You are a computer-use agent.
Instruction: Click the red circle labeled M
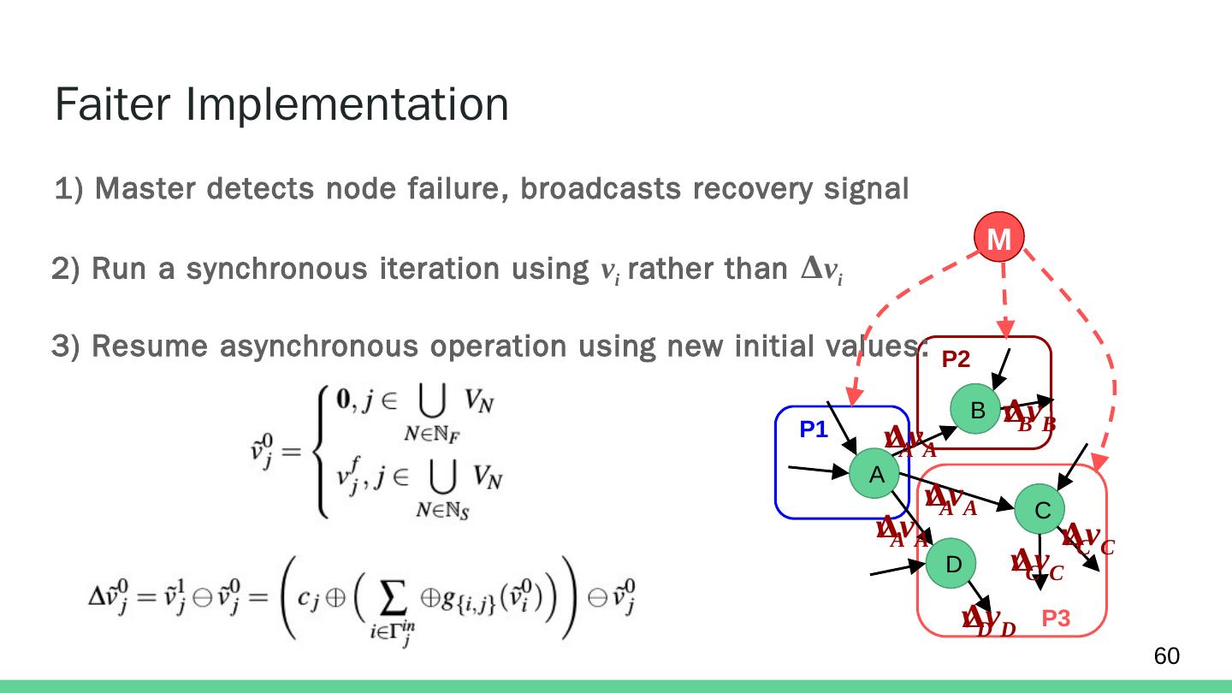(998, 240)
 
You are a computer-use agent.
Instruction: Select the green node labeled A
(875, 475)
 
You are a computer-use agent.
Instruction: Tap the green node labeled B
(978, 412)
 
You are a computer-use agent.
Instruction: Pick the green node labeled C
(1041, 511)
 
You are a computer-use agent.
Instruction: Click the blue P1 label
(814, 431)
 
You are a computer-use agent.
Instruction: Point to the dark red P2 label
(956, 360)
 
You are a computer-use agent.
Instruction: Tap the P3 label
(1056, 619)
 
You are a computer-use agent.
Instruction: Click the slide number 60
(1166, 656)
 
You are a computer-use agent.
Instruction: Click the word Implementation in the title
(346, 106)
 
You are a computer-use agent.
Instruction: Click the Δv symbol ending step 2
(822, 269)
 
